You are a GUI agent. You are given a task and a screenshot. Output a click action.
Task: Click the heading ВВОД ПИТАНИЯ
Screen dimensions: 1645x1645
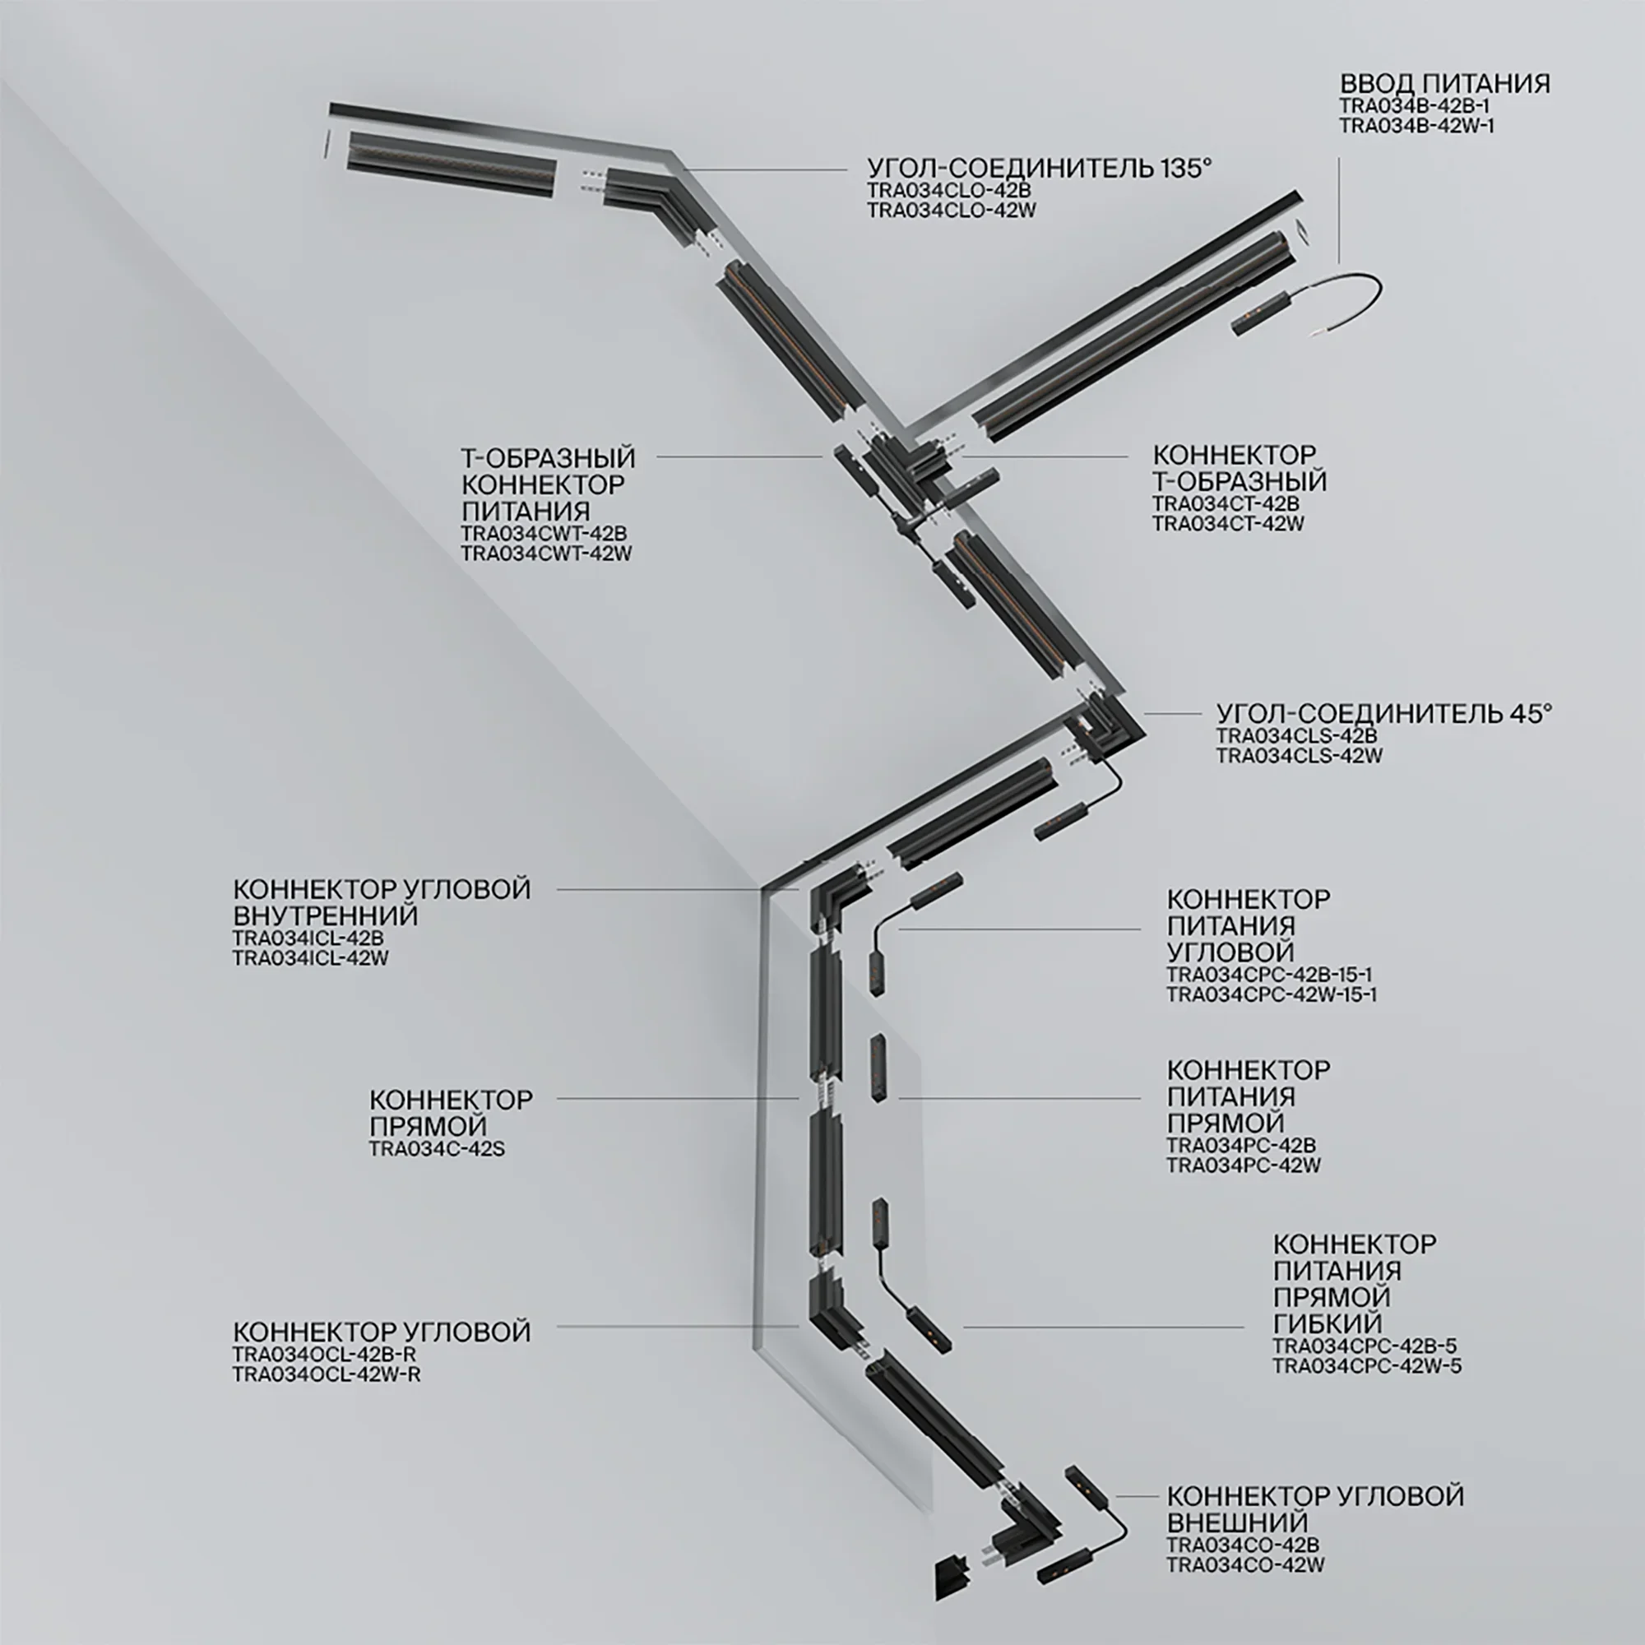coord(1445,83)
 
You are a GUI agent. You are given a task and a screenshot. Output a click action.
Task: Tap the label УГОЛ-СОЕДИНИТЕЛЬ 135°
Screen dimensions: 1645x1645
coord(1039,168)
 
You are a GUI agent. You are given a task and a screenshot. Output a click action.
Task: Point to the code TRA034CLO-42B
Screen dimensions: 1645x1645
coord(949,190)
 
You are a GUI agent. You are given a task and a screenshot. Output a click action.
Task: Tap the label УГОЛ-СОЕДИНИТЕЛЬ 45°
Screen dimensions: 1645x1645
coord(1383,712)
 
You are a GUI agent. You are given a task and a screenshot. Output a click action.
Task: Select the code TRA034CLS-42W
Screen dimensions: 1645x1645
coord(1300,755)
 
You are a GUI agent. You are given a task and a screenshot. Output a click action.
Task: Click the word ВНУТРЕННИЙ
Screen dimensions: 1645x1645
coord(325,915)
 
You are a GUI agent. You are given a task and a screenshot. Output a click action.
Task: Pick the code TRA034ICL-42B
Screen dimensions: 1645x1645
coord(308,938)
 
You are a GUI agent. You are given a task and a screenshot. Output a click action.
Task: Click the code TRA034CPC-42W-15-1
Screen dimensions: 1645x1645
coord(1272,994)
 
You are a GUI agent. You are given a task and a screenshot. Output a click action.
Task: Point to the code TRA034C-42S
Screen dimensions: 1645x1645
coord(437,1148)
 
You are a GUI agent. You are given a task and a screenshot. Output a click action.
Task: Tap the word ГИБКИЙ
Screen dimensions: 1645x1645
coord(1328,1323)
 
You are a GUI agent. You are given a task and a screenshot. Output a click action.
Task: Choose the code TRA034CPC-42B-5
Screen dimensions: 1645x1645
coord(1365,1346)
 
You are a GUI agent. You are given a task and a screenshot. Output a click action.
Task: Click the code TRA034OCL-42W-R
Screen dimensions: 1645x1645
coord(326,1374)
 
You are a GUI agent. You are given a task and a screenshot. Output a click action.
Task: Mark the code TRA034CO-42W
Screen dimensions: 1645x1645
coord(1244,1564)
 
